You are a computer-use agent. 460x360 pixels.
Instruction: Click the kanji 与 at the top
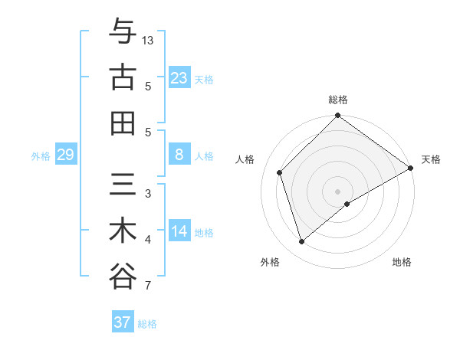click(123, 31)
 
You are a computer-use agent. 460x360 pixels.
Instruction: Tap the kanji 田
click(123, 122)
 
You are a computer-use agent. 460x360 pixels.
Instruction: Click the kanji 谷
click(123, 275)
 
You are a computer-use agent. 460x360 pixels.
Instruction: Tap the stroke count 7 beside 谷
click(147, 287)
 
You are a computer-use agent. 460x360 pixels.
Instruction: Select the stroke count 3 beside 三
click(147, 194)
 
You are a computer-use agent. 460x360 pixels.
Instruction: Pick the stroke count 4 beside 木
click(147, 241)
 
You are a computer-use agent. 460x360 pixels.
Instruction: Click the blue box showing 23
click(179, 78)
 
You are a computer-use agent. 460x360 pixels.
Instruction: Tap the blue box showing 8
click(179, 155)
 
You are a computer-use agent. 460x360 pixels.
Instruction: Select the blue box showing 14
click(179, 231)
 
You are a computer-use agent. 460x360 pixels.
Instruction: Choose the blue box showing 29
click(65, 155)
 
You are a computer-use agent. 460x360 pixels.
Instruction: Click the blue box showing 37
click(123, 322)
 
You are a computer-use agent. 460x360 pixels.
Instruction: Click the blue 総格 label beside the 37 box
click(147, 324)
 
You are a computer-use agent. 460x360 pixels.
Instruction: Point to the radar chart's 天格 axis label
click(431, 159)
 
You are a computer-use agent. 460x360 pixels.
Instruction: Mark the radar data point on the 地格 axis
click(347, 204)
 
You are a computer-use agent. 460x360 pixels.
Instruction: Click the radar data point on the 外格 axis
click(302, 242)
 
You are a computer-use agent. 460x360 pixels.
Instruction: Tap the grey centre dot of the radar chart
click(337, 191)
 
